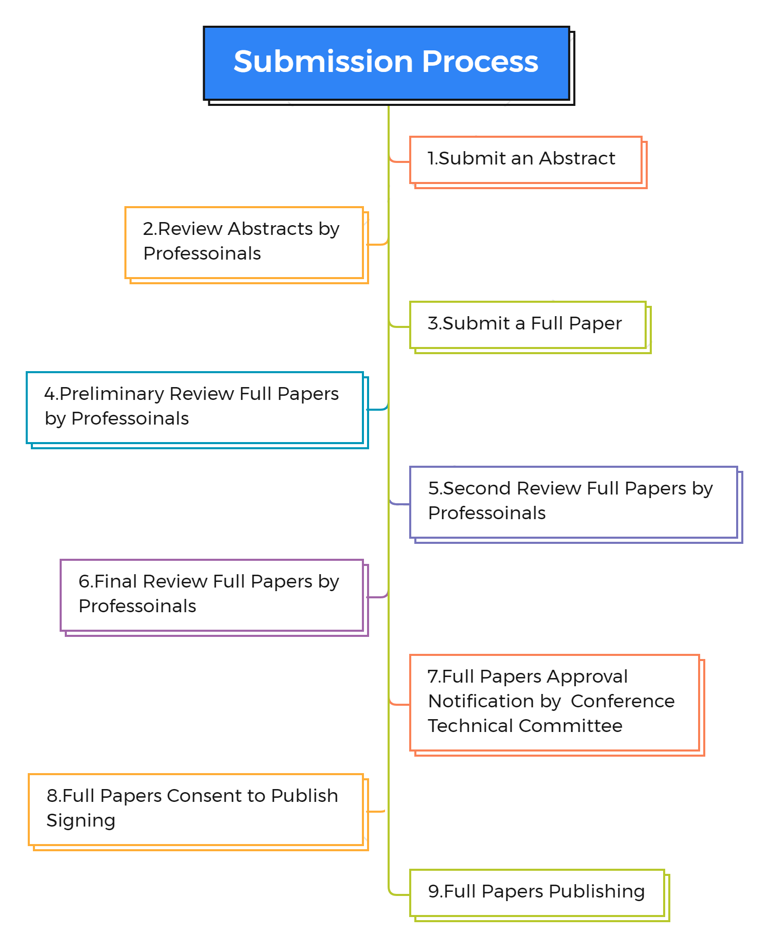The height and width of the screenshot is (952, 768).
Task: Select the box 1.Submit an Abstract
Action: pos(525,160)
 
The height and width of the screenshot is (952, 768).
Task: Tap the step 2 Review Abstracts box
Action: pos(244,243)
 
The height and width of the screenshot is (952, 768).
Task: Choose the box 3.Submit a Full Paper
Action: pos(527,325)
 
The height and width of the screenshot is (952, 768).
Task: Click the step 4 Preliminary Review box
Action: pos(195,408)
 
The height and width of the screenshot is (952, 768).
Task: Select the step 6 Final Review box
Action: pos(212,595)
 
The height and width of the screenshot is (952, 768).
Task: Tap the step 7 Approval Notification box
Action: pos(554,703)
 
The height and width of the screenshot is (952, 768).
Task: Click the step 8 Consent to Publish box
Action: pos(196,810)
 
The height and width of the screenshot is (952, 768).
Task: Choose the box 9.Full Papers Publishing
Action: pos(537,893)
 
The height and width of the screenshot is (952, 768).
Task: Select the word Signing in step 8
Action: pos(81,821)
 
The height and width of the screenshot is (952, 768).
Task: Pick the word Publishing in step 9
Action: pos(596,891)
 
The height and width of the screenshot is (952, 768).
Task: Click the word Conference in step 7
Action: pos(622,701)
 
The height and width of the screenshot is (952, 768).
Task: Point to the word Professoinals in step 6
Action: pos(137,606)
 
